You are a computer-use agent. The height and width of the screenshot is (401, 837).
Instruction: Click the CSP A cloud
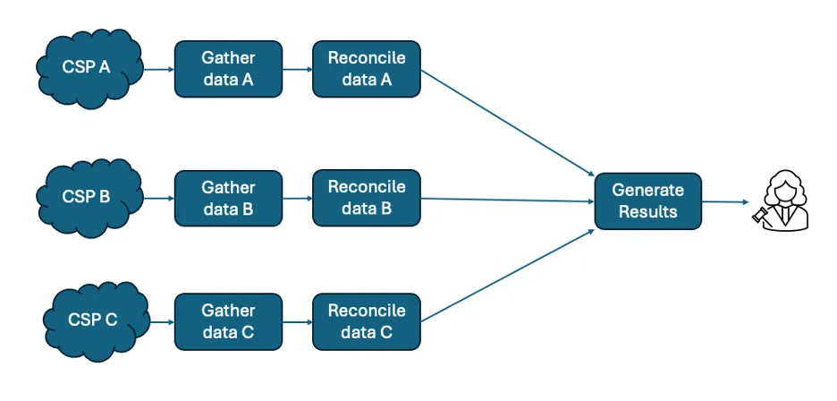click(87, 67)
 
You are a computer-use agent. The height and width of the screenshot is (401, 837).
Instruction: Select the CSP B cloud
click(87, 197)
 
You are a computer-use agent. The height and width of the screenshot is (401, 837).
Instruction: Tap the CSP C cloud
click(92, 320)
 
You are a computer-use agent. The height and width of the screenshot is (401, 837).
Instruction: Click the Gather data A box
click(228, 68)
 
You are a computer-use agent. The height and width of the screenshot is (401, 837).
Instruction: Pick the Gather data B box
click(228, 198)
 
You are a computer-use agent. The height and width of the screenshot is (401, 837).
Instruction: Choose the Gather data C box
click(228, 321)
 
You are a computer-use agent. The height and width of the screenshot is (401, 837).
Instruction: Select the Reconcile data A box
click(367, 68)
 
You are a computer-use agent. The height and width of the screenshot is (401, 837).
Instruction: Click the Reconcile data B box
click(367, 198)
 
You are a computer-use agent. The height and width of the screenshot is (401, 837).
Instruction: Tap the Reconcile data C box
click(367, 321)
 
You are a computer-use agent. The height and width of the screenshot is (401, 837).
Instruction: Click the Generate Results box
click(648, 200)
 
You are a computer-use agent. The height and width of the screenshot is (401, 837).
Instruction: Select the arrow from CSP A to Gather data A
click(157, 68)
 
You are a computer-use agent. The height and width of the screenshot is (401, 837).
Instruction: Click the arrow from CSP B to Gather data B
click(157, 198)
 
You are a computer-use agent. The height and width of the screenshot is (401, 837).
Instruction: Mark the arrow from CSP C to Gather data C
click(159, 321)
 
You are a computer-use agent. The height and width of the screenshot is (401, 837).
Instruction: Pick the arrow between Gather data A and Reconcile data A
click(297, 68)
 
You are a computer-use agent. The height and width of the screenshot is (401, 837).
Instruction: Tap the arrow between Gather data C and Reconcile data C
click(297, 321)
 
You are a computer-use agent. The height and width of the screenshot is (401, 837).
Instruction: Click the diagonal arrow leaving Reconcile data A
click(508, 123)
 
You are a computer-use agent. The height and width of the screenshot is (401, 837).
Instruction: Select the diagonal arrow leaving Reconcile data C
click(508, 276)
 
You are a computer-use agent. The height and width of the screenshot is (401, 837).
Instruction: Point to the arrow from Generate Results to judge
click(725, 202)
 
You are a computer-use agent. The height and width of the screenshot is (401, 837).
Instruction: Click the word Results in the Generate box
click(648, 212)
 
